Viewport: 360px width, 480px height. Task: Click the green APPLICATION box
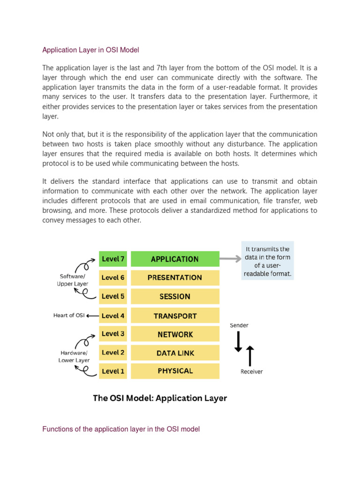coord(175,259)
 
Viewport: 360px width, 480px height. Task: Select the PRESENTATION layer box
coord(175,277)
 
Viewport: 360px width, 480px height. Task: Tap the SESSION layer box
coord(175,296)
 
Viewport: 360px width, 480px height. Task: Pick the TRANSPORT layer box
coord(175,316)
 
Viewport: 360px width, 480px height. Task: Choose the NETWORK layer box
coord(175,334)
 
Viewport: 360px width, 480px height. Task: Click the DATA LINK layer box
coord(175,353)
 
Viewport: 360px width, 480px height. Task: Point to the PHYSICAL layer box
coord(175,371)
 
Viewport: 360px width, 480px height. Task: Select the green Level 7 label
coord(113,259)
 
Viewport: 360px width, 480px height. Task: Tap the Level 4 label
coord(113,316)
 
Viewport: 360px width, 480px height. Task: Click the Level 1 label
coord(113,371)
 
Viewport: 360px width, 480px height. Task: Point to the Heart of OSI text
coord(69,315)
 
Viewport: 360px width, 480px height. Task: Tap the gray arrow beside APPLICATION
coord(230,258)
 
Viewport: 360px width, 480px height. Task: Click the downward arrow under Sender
coord(238,341)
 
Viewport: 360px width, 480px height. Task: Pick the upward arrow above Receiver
coord(250,355)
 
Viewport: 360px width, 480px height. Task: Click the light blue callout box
coord(267,260)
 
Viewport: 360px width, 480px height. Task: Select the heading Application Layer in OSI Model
coord(90,50)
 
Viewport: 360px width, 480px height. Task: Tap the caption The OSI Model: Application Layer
coord(160,398)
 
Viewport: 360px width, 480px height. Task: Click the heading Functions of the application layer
coord(121,429)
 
